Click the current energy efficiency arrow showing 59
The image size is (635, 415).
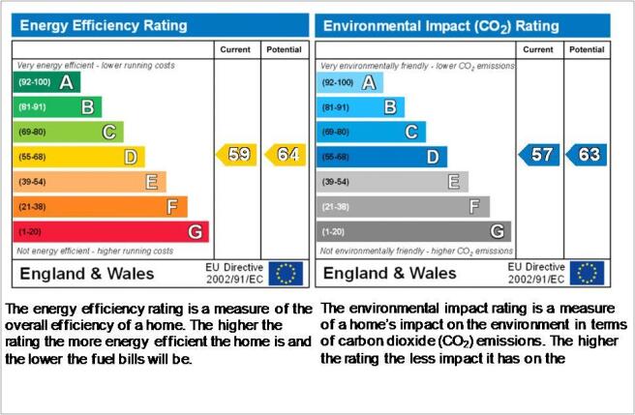point(236,155)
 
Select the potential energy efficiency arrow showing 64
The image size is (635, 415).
point(286,155)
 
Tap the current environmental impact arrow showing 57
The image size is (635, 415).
point(539,155)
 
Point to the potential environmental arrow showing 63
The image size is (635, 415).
point(587,155)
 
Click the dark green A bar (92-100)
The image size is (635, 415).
point(46,82)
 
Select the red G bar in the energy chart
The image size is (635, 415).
point(111,231)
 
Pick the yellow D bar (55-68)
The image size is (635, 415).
point(79,157)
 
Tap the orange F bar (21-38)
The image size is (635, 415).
point(100,207)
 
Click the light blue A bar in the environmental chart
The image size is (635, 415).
point(349,82)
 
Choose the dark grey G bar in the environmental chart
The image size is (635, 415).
point(414,231)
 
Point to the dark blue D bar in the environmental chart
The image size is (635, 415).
point(382,157)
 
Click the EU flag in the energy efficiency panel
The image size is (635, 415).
point(286,274)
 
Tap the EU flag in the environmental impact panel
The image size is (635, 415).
point(587,273)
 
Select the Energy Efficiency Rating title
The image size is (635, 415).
point(104,25)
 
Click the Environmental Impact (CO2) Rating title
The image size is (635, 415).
point(441,26)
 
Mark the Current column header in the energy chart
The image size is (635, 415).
point(235,49)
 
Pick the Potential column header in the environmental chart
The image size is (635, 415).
point(587,49)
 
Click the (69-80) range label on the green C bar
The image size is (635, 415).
point(32,132)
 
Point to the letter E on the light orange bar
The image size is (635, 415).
point(151,182)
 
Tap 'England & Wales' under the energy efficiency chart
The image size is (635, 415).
point(87,274)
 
